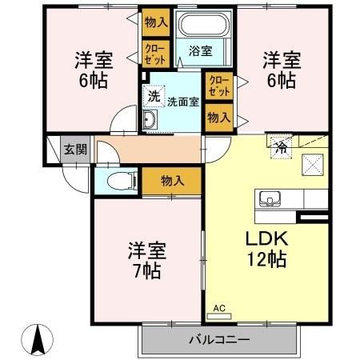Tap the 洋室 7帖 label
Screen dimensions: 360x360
pyautogui.click(x=145, y=259)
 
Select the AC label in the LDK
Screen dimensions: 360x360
pyautogui.click(x=220, y=307)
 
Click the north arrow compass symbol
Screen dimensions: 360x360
pyautogui.click(x=37, y=341)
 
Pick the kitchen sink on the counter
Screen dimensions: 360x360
pyautogui.click(x=269, y=199)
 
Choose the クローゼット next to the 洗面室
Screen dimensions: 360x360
pyautogui.click(x=217, y=86)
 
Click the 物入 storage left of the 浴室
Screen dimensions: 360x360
pyautogui.click(x=155, y=22)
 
